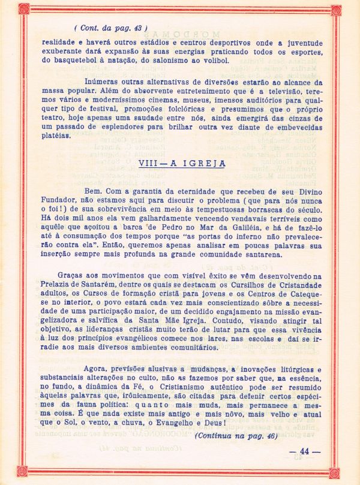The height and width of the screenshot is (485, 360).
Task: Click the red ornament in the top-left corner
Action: (x=23, y=8)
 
